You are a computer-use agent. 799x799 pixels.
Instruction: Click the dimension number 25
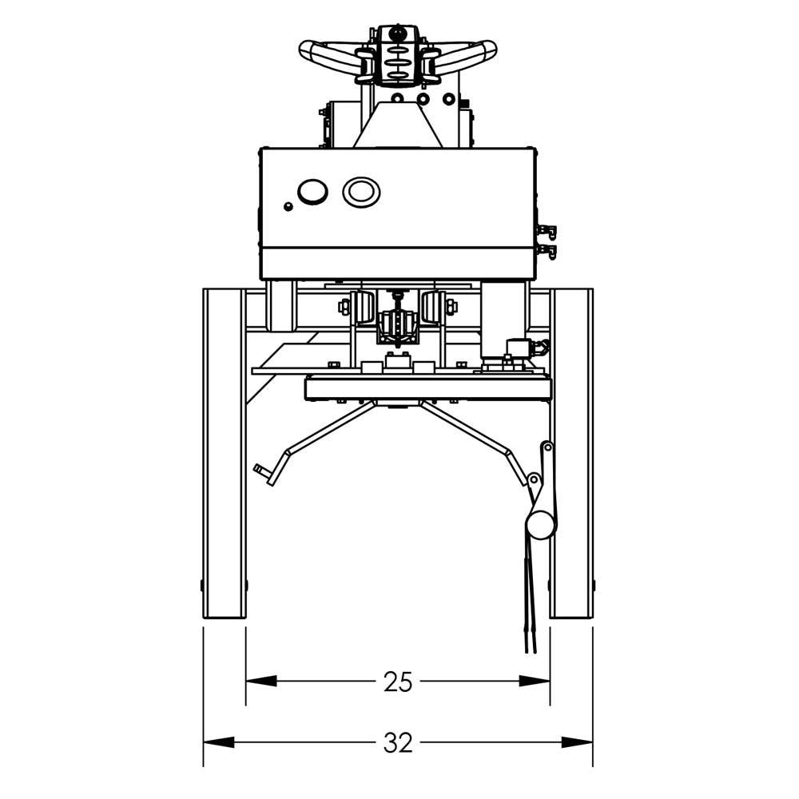click(397, 682)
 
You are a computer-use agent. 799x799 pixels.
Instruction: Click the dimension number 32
click(397, 743)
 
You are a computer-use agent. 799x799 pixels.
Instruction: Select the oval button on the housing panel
click(361, 191)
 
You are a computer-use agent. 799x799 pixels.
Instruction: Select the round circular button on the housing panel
click(312, 191)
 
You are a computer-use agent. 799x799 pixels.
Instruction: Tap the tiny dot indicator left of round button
click(288, 206)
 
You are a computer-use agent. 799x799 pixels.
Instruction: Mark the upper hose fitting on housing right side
click(548, 232)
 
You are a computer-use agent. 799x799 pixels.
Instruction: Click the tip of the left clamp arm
click(260, 468)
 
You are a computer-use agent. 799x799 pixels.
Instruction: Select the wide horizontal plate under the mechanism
click(428, 388)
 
